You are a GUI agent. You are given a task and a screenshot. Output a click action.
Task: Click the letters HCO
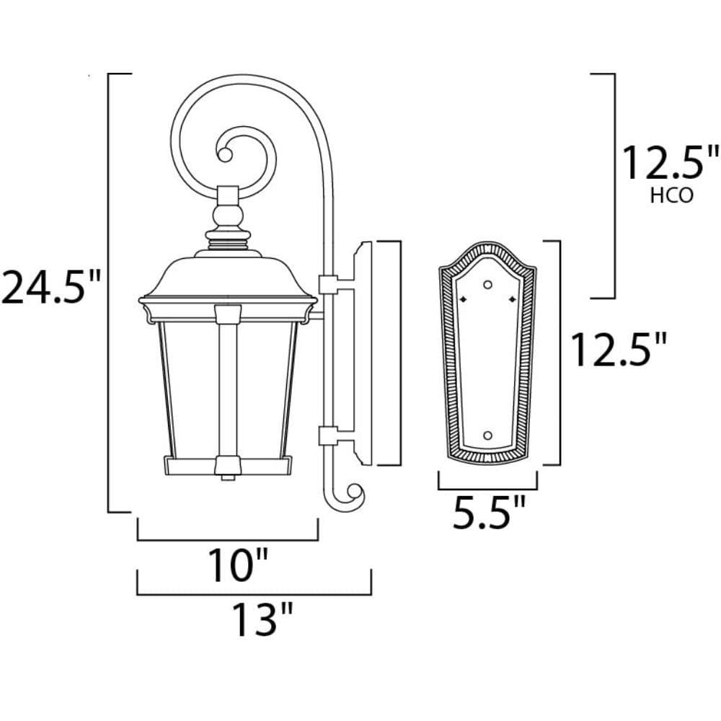pyautogui.click(x=671, y=196)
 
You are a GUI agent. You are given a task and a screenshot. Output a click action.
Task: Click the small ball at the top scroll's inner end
pyautogui.click(x=225, y=154)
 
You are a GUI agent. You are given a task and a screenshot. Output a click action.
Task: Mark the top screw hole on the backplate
pyautogui.click(x=488, y=285)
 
